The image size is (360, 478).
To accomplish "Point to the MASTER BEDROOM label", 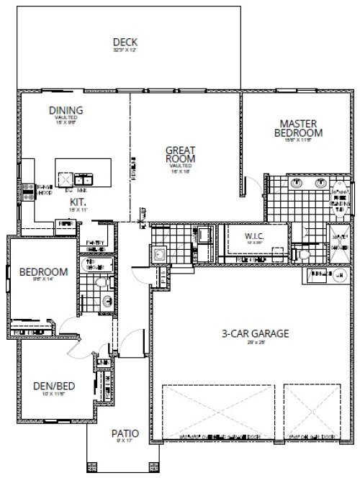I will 300,128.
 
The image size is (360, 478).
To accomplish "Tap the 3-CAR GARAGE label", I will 256,333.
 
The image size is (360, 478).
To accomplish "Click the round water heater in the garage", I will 338,274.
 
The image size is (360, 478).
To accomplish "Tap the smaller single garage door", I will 311,411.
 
